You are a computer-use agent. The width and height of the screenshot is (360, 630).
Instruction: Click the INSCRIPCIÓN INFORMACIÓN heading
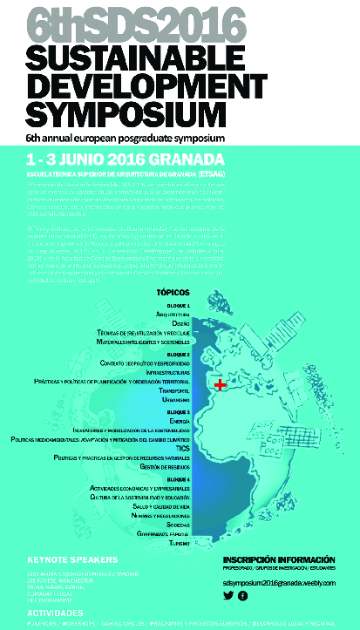[x=279, y=559]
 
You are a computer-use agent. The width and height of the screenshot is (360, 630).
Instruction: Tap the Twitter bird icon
[x=228, y=595]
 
